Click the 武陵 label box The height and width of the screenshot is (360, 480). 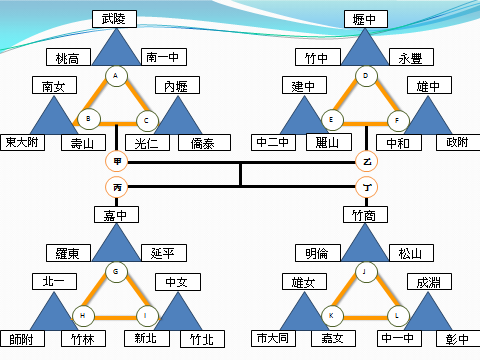coord(118,19)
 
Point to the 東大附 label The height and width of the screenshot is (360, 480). coord(22,142)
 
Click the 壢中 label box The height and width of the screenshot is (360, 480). coord(365,19)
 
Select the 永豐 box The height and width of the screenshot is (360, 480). coord(411,57)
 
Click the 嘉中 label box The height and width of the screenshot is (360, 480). coord(117,214)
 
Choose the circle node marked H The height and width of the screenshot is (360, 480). coord(84,316)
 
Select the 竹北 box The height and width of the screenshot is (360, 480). coord(202,338)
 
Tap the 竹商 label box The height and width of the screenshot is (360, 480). coord(365,214)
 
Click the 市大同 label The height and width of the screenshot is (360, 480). coord(271,338)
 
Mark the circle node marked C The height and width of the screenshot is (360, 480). coord(148,121)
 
